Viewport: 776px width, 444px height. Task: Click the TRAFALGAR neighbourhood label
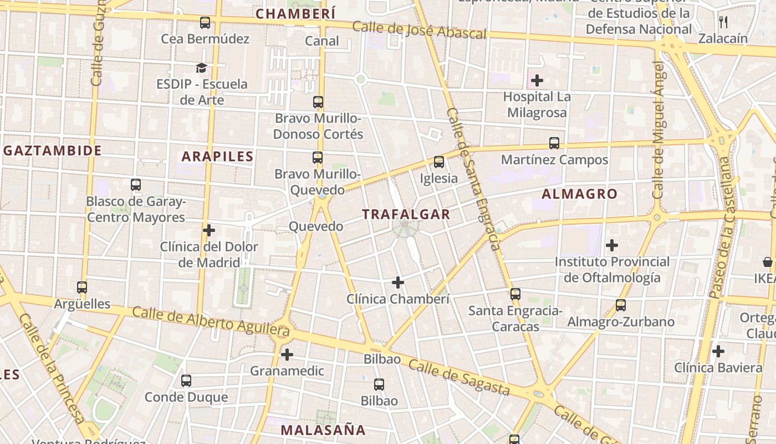pos(406,214)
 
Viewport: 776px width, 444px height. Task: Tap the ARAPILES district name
pos(217,157)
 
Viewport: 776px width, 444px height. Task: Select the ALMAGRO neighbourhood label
pos(579,194)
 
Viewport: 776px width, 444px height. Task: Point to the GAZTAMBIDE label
pos(53,150)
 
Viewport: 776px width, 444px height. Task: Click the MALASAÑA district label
pos(323,430)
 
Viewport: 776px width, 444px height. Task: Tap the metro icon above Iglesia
pos(439,162)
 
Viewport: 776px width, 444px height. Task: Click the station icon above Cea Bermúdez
pos(205,23)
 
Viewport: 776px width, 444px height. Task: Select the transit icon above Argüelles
pos(82,287)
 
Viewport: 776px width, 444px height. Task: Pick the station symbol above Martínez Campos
pos(554,143)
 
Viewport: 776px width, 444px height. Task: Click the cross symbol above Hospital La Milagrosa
pos(537,80)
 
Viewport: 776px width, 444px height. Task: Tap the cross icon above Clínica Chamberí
pos(397,282)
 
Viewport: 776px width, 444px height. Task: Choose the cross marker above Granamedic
pos(287,354)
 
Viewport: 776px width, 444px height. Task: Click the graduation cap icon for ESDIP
pos(201,68)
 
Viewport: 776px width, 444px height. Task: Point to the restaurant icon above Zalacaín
pos(723,22)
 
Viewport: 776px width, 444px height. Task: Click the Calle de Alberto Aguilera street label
pos(211,321)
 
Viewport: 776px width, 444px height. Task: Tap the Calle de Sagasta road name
pos(459,377)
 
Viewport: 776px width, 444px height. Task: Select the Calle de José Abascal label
pos(419,31)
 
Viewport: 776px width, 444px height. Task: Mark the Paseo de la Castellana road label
pos(723,228)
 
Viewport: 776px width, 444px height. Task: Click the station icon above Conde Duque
pos(186,381)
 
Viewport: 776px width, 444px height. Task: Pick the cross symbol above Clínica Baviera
pos(718,351)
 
